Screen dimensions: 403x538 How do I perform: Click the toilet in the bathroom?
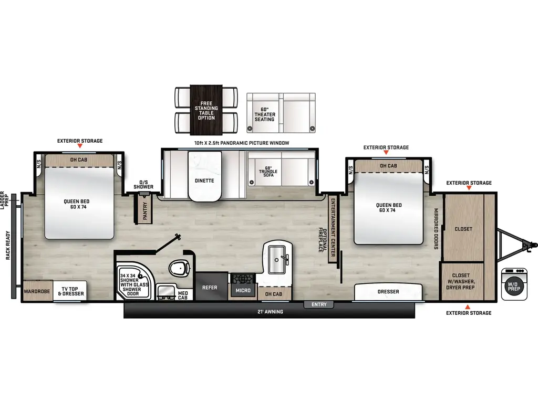(179, 269)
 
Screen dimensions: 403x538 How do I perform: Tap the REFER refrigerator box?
(210, 287)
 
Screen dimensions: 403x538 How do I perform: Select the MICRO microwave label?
(243, 290)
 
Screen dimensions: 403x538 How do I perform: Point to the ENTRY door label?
(319, 304)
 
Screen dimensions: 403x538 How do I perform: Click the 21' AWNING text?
(271, 312)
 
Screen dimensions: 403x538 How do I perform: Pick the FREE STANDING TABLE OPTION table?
(206, 110)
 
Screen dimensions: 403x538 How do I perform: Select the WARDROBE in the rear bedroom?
(37, 291)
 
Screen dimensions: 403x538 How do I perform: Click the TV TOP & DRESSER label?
(70, 291)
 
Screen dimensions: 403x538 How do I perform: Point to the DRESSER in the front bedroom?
(388, 292)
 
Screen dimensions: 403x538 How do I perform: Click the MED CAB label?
(183, 295)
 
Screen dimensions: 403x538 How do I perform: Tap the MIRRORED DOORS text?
(436, 229)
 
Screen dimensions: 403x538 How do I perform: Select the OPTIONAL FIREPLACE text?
(321, 240)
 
